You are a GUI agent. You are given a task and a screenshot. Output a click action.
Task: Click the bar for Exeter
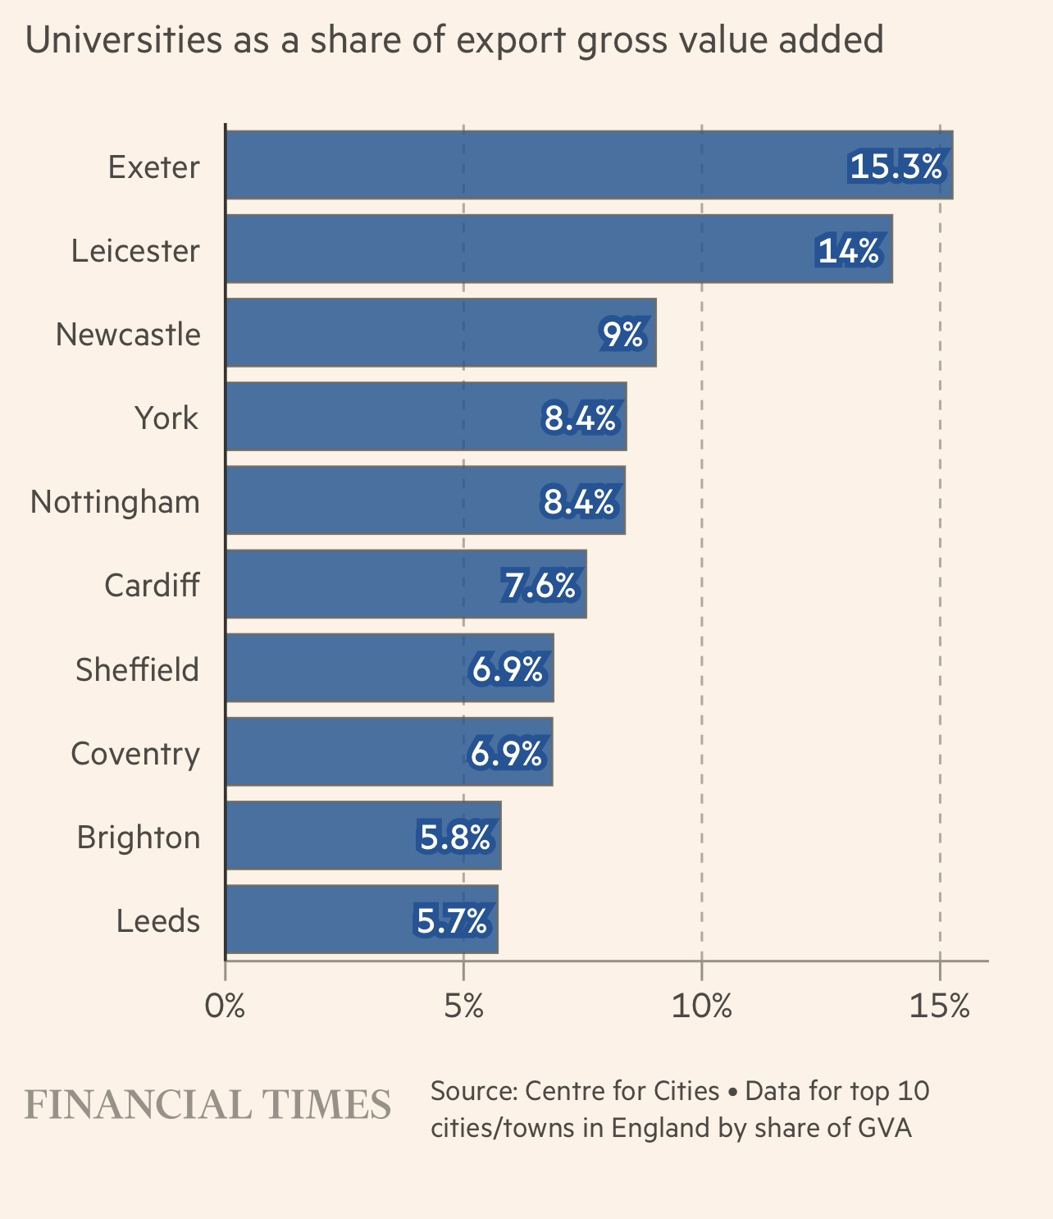(533, 165)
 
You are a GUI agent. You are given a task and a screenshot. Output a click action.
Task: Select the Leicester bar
(508, 249)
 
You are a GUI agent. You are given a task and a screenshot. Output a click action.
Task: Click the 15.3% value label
(896, 167)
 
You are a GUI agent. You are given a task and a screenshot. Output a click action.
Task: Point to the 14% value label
(849, 250)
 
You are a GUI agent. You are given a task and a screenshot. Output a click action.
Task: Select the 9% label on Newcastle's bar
(622, 334)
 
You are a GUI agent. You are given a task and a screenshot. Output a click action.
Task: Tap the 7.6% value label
(540, 585)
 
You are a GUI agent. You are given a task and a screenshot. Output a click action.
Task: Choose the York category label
(166, 418)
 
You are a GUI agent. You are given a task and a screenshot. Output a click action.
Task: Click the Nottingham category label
(115, 501)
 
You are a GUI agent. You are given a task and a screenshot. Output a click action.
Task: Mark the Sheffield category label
(138, 669)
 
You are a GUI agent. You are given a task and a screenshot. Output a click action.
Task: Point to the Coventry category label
(135, 753)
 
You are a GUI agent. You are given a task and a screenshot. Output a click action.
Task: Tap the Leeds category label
(158, 920)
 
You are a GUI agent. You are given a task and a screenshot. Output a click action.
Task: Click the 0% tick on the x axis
(225, 1006)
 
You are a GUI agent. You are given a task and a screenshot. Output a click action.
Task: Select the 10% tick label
(701, 1006)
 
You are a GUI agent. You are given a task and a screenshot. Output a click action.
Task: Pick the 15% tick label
(940, 1006)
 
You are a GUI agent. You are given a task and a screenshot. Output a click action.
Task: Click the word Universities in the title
(123, 39)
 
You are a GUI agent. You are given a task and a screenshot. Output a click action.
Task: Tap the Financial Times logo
(207, 1105)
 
